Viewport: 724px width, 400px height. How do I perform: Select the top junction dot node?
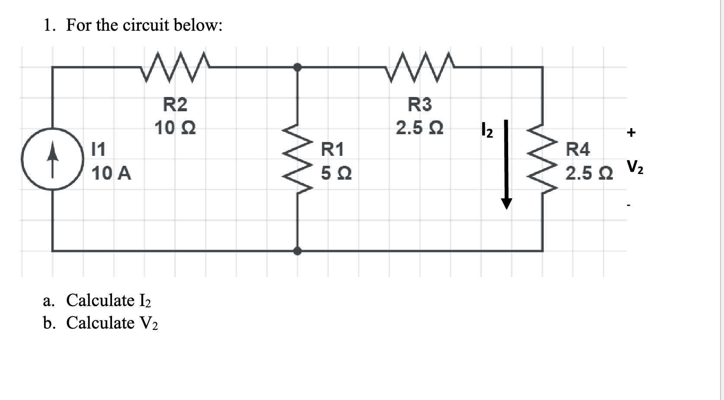point(297,67)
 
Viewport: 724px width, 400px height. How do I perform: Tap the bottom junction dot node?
point(297,251)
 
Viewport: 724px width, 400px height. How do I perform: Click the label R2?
point(175,104)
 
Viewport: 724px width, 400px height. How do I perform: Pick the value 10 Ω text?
point(175,128)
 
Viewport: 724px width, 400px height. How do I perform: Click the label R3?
point(420,104)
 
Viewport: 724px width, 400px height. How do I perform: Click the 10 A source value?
point(112,174)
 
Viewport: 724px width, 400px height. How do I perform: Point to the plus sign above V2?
point(631,132)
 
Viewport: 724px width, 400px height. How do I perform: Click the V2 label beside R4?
point(634,167)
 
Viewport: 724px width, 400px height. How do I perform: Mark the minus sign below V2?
point(631,206)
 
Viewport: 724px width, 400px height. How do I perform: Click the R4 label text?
point(578,150)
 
